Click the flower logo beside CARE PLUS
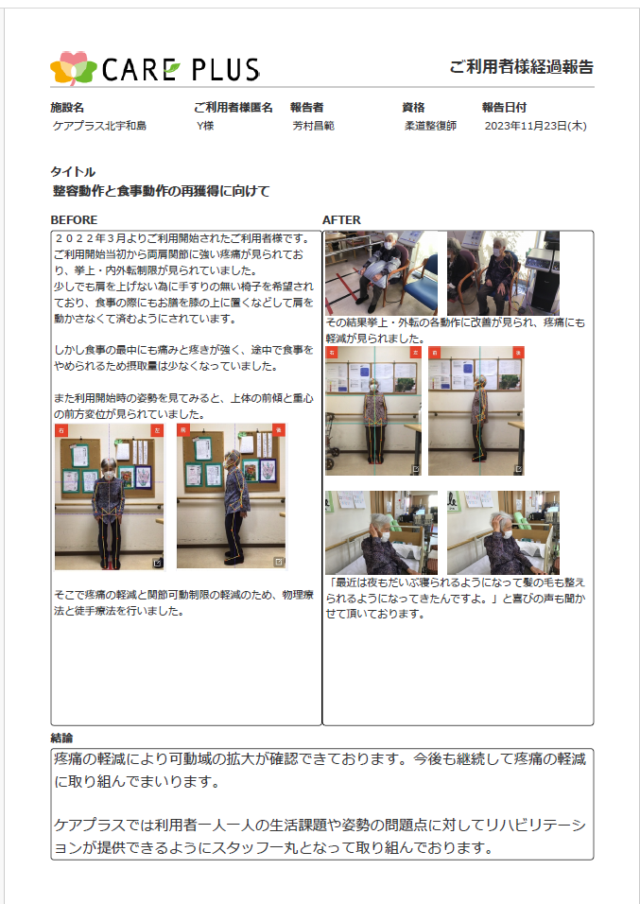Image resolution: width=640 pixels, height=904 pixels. [x=73, y=68]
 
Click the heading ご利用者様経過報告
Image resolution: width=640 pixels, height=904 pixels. [x=521, y=67]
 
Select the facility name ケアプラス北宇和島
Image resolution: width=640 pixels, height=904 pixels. [x=100, y=126]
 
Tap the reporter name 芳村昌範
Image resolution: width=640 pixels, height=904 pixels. [x=314, y=126]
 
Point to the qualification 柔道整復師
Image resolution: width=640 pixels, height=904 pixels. [x=430, y=126]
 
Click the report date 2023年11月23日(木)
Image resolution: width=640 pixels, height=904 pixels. [x=536, y=126]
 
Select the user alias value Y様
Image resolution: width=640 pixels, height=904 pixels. [x=205, y=126]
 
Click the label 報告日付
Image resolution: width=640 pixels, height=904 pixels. [x=505, y=107]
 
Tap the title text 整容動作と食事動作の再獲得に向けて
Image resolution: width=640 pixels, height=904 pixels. [x=162, y=191]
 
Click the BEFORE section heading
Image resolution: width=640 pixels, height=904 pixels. [x=74, y=219]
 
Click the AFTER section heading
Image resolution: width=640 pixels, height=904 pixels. [x=341, y=219]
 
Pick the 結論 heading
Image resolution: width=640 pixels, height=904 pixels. [x=61, y=738]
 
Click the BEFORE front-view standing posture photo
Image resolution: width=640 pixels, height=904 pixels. [x=110, y=497]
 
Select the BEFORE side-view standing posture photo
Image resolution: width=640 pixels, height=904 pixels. [x=232, y=496]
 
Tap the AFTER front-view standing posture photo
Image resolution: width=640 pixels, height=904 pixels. [x=373, y=411]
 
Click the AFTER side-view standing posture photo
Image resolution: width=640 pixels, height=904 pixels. [x=476, y=411]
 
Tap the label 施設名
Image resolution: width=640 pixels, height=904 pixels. [x=67, y=107]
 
